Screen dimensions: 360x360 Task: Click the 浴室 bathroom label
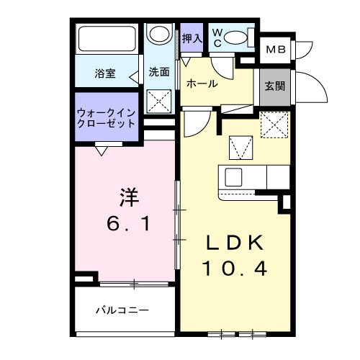pyautogui.click(x=106, y=73)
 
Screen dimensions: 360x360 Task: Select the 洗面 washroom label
pyautogui.click(x=159, y=73)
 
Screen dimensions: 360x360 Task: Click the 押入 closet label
pyautogui.click(x=192, y=38)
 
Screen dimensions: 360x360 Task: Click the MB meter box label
pyautogui.click(x=275, y=50)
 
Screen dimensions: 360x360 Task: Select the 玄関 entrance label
pyautogui.click(x=274, y=87)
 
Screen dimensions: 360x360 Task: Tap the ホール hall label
pyautogui.click(x=202, y=84)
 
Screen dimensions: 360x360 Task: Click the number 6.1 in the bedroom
pyautogui.click(x=129, y=224)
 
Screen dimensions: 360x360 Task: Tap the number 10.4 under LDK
pyautogui.click(x=234, y=269)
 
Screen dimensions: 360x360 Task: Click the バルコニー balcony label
pyautogui.click(x=122, y=310)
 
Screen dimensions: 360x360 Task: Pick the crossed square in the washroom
pyautogui.click(x=158, y=101)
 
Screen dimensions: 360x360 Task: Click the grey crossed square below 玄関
pyautogui.click(x=274, y=126)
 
